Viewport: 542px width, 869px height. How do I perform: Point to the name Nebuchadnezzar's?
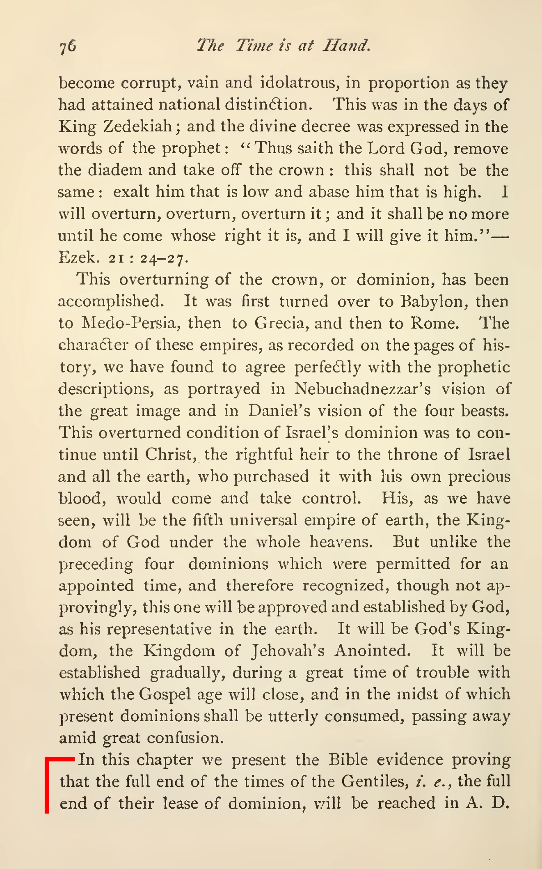tap(363, 389)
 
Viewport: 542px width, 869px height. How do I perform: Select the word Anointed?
tap(372, 651)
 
